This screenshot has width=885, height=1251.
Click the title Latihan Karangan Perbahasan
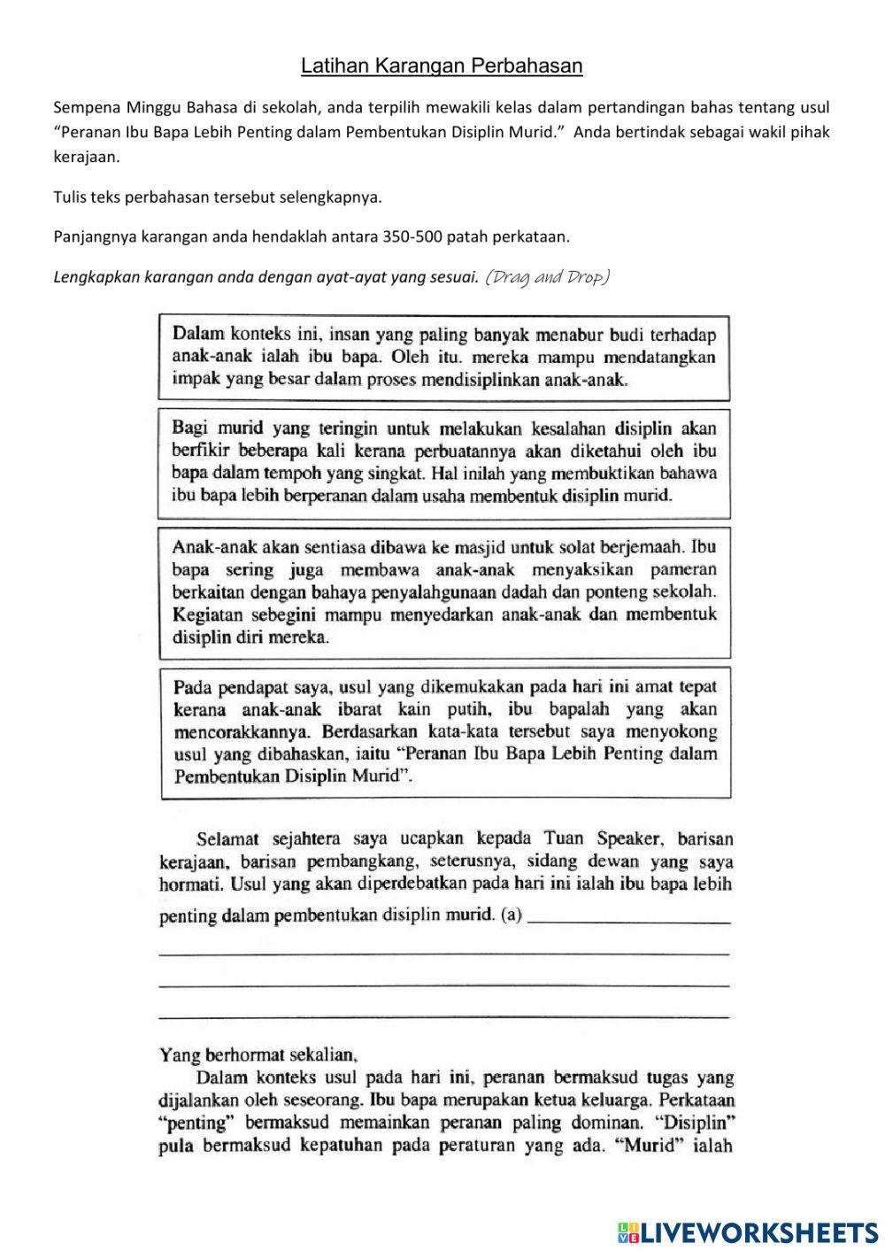pyautogui.click(x=442, y=66)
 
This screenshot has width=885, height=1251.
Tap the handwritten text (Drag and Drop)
pyautogui.click(x=548, y=276)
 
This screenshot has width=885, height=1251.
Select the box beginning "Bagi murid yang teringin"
pyautogui.click(x=443, y=462)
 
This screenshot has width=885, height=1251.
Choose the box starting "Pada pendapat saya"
pyautogui.click(x=445, y=731)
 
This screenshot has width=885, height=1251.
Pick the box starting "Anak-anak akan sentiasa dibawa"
pyautogui.click(x=443, y=592)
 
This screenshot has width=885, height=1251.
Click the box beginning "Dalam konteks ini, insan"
pyautogui.click(x=443, y=358)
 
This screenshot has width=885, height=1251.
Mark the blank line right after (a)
pyautogui.click(x=630, y=922)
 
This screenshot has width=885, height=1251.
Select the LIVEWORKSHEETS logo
pyautogui.click(x=747, y=1232)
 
